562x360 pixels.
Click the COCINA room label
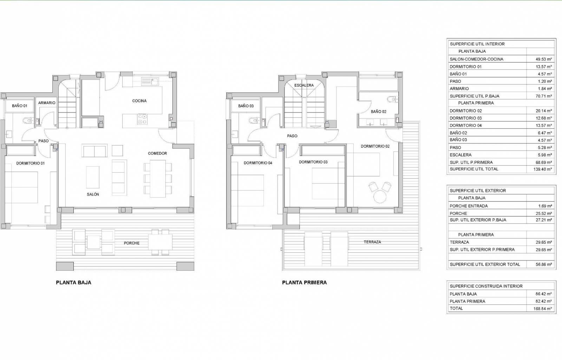point(139,101)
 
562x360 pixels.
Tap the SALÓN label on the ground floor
point(93,194)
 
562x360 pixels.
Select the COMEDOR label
point(157,153)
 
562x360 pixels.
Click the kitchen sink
point(150,81)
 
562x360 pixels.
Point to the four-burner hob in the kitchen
point(142,119)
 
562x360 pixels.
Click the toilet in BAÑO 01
point(28,121)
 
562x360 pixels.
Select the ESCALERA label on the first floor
point(304,85)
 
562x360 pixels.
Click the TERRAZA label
point(372,242)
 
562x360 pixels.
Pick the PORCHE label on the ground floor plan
point(131,243)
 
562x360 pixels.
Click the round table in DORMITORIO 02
point(380,197)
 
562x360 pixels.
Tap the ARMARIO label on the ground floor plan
point(47,103)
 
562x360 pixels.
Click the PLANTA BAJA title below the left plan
point(73,283)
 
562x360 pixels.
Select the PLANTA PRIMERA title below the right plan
point(304,283)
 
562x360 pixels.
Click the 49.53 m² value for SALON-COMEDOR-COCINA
point(544,59)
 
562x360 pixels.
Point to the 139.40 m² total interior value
point(543,169)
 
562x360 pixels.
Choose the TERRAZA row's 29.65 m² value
point(544,243)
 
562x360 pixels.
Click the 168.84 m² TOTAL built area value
point(543,309)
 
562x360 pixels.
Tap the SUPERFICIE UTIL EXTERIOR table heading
point(478,191)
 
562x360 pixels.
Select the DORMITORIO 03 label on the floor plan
point(313,162)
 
